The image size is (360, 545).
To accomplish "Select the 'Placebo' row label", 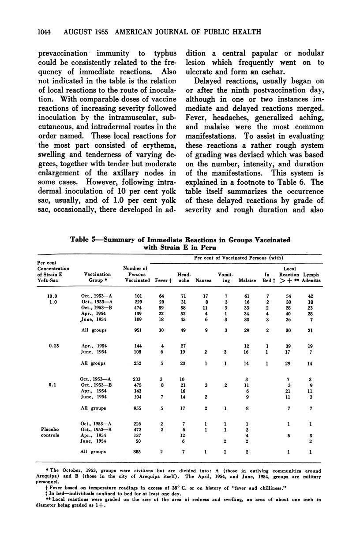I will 53,427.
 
